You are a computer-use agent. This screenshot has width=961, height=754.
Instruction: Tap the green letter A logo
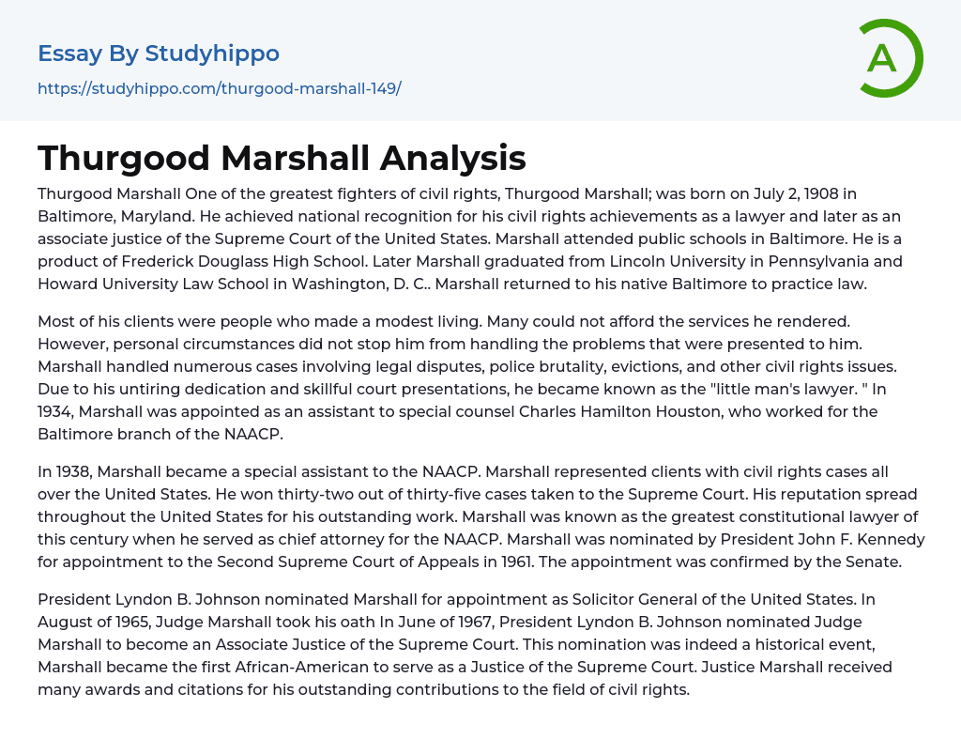click(883, 58)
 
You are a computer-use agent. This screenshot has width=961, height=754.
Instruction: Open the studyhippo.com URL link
click(220, 89)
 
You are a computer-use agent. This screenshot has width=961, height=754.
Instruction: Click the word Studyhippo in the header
click(212, 54)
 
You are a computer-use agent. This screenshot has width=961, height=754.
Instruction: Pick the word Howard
click(66, 284)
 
